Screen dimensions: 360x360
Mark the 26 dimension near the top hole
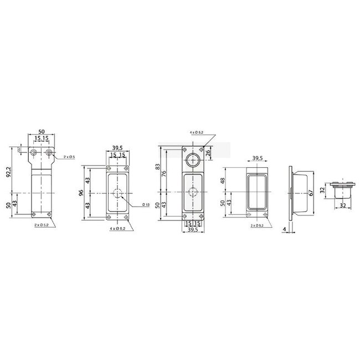[208, 152]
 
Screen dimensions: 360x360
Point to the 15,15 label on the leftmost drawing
[41, 138]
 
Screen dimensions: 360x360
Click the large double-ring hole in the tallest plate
[193, 161]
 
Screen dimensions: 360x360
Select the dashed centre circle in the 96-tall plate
[117, 193]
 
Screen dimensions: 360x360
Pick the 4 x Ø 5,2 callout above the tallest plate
[197, 133]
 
